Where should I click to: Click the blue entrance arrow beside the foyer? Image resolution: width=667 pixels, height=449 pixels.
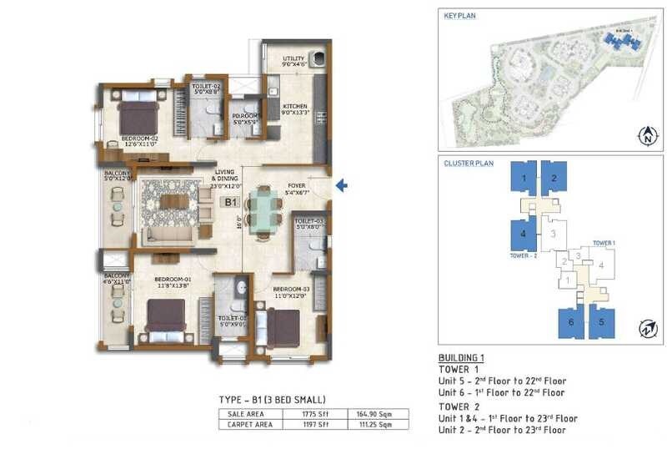[x=341, y=186]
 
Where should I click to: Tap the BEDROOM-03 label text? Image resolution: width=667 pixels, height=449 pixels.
[x=291, y=291]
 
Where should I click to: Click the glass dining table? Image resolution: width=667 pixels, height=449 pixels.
[x=264, y=214]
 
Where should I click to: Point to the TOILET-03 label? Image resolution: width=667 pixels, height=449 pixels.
[x=308, y=222]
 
